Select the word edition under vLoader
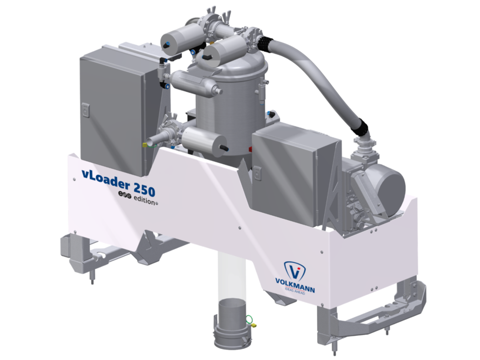click(x=143, y=201)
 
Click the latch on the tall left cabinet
click(x=85, y=109)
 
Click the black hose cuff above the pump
click(x=359, y=125)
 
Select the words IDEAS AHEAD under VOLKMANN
click(x=295, y=290)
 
